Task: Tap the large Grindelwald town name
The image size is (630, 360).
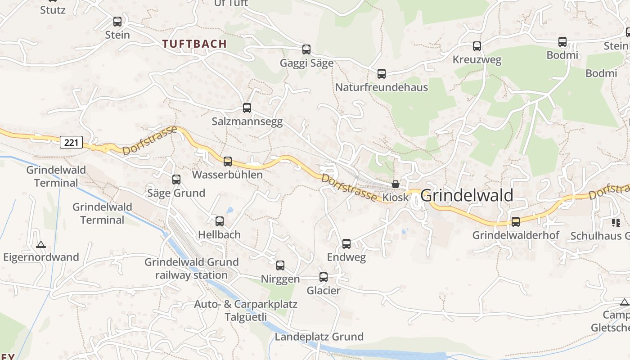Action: (467, 195)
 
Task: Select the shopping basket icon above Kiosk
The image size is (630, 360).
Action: (396, 184)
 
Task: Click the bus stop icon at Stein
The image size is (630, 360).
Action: (117, 22)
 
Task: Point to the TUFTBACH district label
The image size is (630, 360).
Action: (194, 44)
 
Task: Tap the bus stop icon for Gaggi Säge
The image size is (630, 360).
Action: (306, 49)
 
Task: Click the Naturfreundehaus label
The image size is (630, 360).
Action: (382, 87)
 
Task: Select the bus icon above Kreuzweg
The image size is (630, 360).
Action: (477, 46)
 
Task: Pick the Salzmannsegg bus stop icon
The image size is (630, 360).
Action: (247, 108)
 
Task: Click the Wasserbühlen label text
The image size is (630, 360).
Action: (227, 175)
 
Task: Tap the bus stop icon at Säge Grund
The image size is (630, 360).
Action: (176, 180)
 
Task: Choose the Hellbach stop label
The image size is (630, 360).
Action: (220, 234)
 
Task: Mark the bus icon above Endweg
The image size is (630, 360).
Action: (346, 244)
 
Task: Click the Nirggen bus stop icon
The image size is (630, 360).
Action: (280, 265)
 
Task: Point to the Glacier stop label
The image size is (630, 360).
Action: (324, 291)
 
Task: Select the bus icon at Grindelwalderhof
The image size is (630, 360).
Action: (516, 222)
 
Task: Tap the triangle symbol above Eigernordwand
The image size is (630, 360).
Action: (41, 245)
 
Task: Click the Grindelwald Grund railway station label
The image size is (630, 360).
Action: (191, 269)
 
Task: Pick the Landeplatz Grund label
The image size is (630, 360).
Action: (319, 337)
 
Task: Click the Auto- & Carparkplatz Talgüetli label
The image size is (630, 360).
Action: (246, 310)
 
